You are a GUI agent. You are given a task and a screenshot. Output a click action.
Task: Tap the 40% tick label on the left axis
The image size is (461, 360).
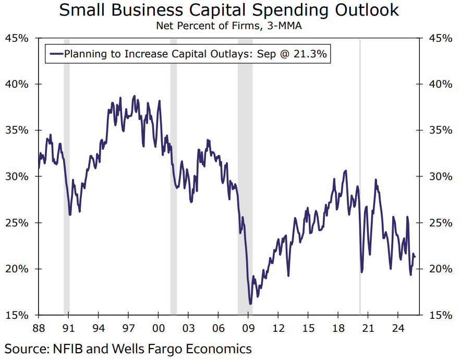click(x=17, y=84)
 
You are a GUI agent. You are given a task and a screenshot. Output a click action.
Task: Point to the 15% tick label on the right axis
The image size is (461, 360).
click(x=440, y=315)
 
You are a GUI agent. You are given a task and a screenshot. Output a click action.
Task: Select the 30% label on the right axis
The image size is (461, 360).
click(x=440, y=176)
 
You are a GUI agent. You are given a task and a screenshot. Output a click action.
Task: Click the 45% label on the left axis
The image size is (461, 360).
click(x=17, y=38)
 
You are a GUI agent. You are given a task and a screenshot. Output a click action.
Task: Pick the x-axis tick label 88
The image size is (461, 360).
click(x=38, y=329)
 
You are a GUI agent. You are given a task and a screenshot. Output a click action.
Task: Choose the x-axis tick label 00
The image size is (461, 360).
click(x=159, y=329)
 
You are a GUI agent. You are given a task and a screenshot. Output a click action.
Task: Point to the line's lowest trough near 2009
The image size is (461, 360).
click(x=250, y=303)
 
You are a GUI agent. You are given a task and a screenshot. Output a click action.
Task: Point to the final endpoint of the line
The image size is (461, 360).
click(x=415, y=256)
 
